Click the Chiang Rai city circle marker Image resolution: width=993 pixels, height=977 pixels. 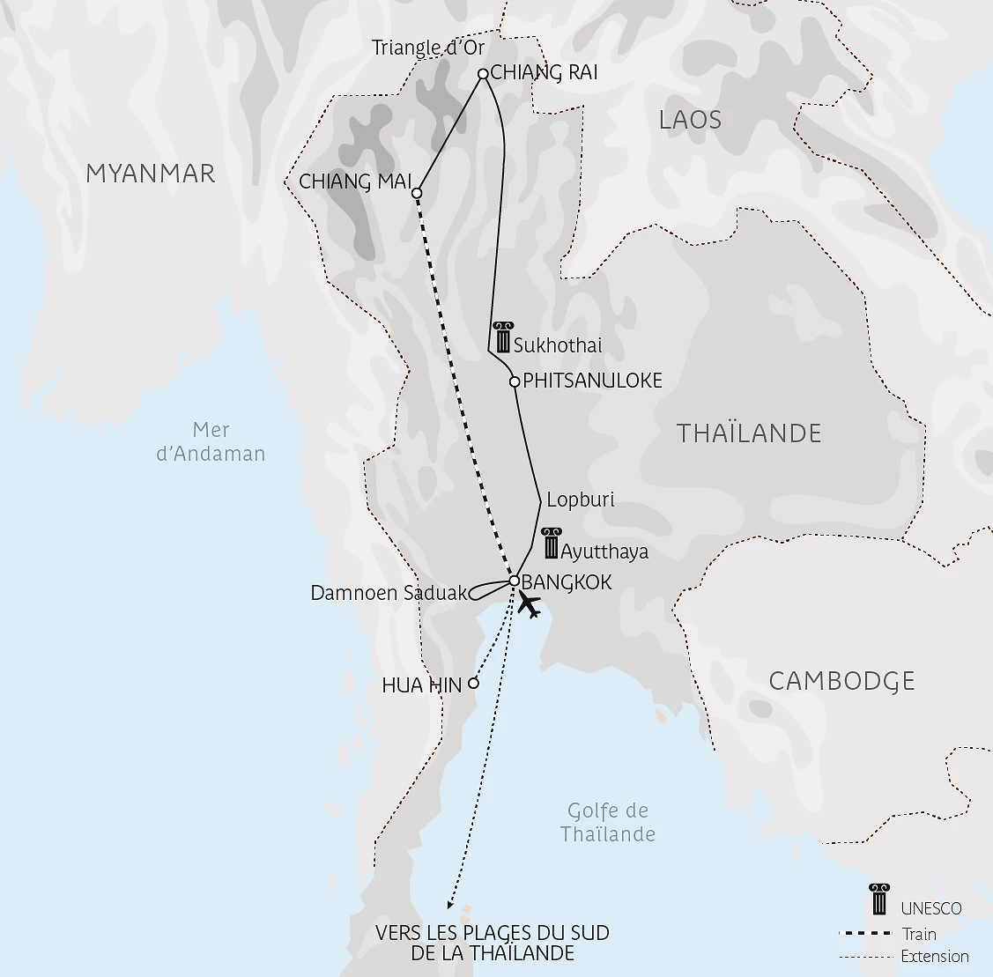[483, 74]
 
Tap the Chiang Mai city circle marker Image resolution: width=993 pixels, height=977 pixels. [417, 192]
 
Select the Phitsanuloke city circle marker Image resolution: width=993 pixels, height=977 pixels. [515, 381]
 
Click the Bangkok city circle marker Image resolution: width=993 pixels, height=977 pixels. [515, 581]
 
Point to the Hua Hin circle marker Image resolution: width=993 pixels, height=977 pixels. [473, 683]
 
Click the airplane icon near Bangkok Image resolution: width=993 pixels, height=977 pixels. [529, 605]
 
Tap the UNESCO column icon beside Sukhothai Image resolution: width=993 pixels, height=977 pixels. [503, 338]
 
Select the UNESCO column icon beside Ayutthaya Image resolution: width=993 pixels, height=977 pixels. [551, 544]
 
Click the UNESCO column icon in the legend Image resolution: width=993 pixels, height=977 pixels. [878, 899]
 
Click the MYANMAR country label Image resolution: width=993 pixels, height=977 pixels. [150, 174]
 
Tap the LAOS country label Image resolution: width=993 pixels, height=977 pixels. [690, 120]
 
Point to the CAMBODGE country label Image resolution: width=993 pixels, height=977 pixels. [841, 681]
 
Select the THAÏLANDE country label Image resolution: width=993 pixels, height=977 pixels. [749, 433]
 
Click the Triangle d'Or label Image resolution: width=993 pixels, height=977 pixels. [428, 48]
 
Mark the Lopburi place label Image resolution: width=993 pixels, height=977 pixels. [580, 500]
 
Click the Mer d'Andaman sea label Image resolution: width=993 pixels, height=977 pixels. [211, 442]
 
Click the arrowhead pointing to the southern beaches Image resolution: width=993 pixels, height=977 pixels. [450, 904]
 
